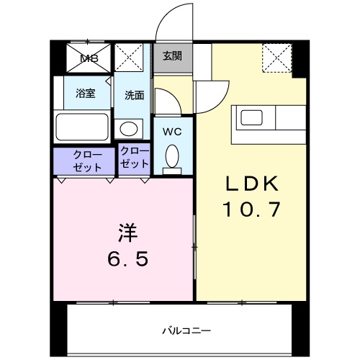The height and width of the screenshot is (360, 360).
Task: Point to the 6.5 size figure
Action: tap(130, 258)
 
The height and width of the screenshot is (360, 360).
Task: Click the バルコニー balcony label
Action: tap(185, 330)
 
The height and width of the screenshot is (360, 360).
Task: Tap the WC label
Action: tap(171, 132)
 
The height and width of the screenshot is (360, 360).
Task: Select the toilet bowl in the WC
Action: tap(171, 156)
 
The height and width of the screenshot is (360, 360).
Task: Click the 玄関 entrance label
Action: tap(171, 56)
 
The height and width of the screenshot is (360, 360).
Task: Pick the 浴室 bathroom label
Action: tap(86, 92)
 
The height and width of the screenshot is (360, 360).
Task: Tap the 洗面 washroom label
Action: tap(134, 94)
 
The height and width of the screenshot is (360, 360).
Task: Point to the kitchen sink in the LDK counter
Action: tap(253, 117)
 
